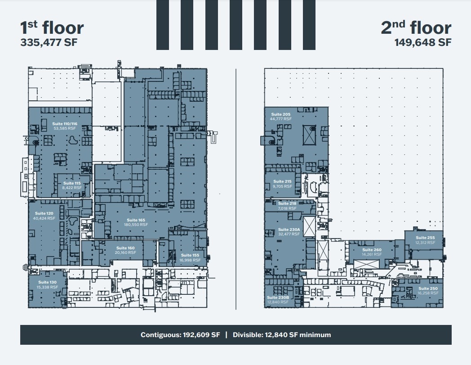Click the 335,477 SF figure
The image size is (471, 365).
point(49,43)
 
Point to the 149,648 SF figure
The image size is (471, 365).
point(423,43)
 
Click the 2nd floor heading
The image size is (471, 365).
point(416,28)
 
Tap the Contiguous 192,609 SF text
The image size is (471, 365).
point(180,335)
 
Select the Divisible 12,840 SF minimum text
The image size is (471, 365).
point(282,335)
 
